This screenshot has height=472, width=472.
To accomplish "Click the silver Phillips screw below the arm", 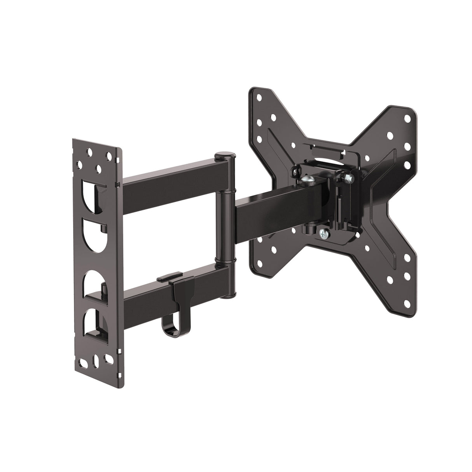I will [x=324, y=233].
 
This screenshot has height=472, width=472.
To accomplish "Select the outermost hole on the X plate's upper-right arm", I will [x=407, y=118].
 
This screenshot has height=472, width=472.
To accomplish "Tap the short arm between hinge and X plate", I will [x=272, y=208].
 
